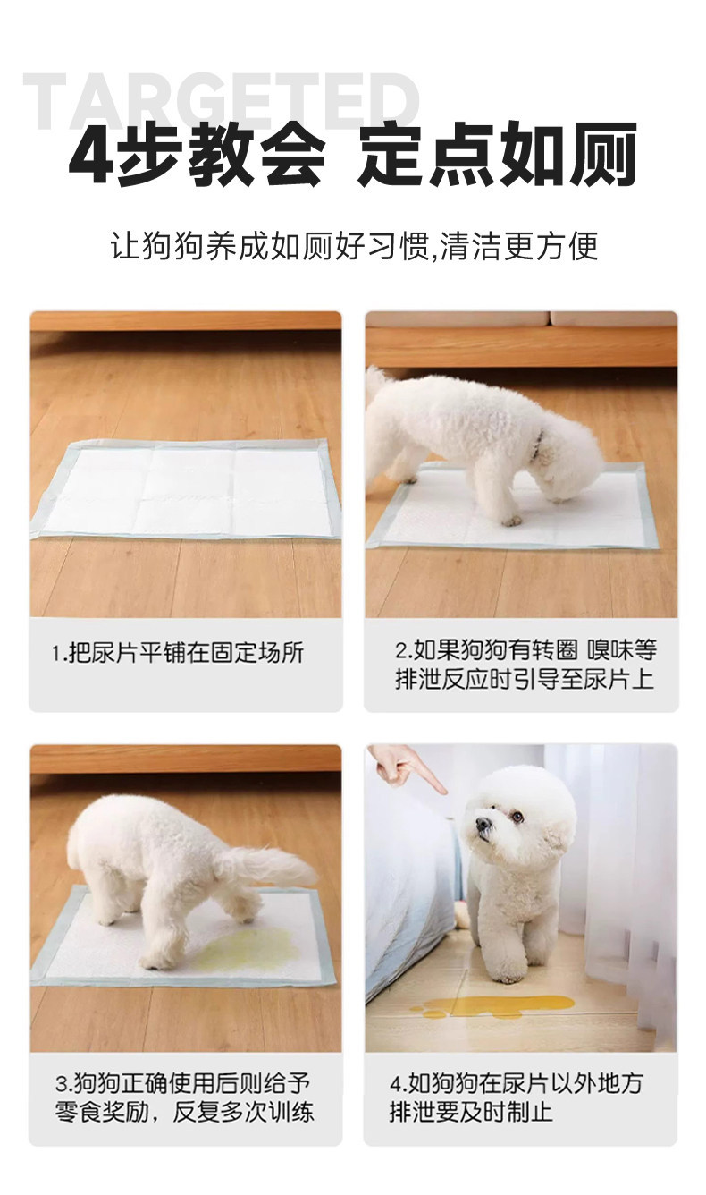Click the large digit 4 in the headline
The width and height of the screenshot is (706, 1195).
pos(93,155)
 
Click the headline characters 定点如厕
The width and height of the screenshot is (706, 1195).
pos(497,155)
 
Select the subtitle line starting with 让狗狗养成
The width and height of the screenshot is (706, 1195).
pos(354,246)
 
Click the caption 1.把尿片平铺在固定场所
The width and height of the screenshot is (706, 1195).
pos(178,652)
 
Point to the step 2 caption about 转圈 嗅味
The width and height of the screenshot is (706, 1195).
pos(525,665)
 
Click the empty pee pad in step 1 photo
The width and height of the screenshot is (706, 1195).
pos(187,488)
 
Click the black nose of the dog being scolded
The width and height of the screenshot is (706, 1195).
pos(483,839)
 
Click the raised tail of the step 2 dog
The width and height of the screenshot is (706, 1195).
pos(380,386)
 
